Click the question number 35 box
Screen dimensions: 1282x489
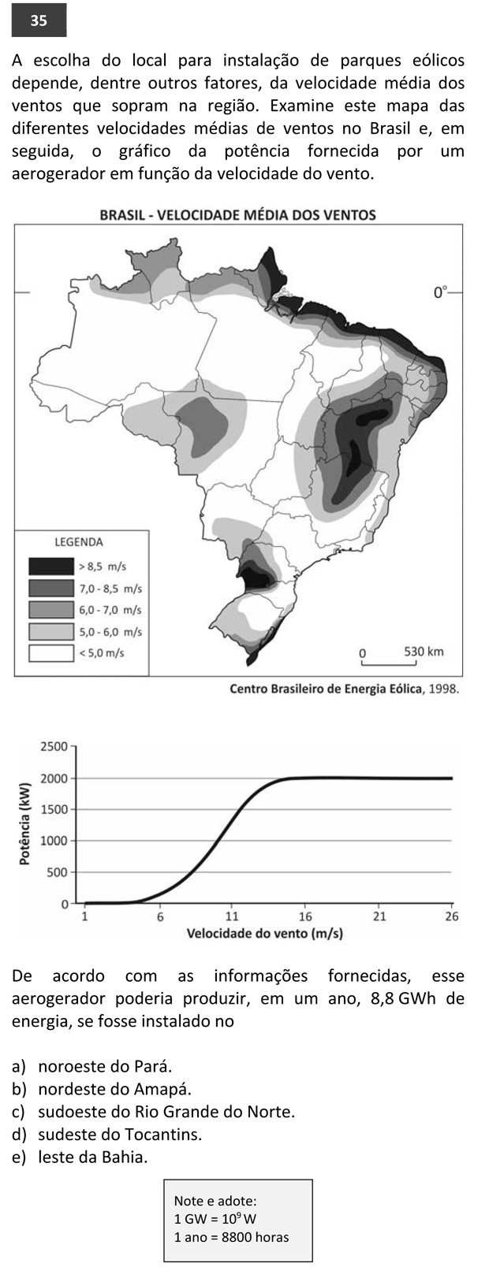(x=39, y=20)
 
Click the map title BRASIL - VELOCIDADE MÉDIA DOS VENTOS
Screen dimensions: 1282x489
(x=237, y=214)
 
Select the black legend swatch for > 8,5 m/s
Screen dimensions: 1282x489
(x=51, y=566)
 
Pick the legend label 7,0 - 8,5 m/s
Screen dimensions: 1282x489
(x=110, y=588)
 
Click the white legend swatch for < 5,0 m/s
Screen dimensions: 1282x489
(x=51, y=652)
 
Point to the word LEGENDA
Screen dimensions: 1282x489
(x=78, y=542)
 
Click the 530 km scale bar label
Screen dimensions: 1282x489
(x=424, y=652)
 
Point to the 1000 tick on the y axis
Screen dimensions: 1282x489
(x=54, y=841)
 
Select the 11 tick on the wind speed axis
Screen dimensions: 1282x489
(x=231, y=917)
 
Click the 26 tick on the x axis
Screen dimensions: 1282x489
(x=451, y=917)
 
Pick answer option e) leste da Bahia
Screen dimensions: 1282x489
(x=80, y=1158)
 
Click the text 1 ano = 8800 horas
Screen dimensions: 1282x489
(x=231, y=1236)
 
